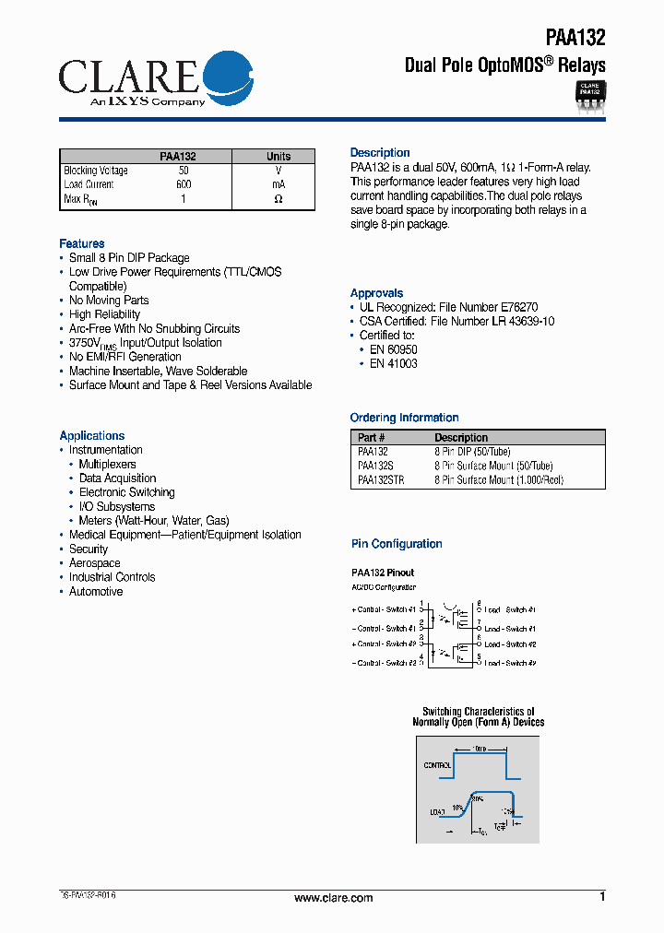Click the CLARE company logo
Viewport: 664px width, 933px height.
pyautogui.click(x=155, y=81)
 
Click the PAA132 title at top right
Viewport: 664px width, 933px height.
pyautogui.click(x=575, y=38)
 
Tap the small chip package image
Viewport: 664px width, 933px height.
pyautogui.click(x=588, y=95)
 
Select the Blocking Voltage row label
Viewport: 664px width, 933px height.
pyautogui.click(x=96, y=171)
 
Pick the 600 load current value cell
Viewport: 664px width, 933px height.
pyautogui.click(x=184, y=184)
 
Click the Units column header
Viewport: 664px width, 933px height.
pyautogui.click(x=278, y=156)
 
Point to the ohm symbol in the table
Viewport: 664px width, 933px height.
pyautogui.click(x=278, y=199)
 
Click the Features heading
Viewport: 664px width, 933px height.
pyautogui.click(x=82, y=243)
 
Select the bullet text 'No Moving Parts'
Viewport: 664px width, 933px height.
pyautogui.click(x=109, y=301)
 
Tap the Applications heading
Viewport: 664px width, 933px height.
pyautogui.click(x=92, y=435)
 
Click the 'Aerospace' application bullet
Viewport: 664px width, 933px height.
pyautogui.click(x=95, y=563)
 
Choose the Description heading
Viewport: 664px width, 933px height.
pyautogui.click(x=380, y=152)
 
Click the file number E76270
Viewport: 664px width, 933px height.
pyautogui.click(x=520, y=307)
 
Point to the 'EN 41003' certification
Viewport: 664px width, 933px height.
pyautogui.click(x=394, y=363)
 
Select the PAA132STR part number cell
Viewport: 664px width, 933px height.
pyautogui.click(x=381, y=480)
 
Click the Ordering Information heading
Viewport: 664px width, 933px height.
pyautogui.click(x=405, y=418)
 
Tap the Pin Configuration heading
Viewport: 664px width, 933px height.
pyautogui.click(x=397, y=544)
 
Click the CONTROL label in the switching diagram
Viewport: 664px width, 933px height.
pyautogui.click(x=437, y=765)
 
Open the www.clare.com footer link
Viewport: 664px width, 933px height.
pyautogui.click(x=333, y=898)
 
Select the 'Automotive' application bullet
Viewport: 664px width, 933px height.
pyautogui.click(x=96, y=592)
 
